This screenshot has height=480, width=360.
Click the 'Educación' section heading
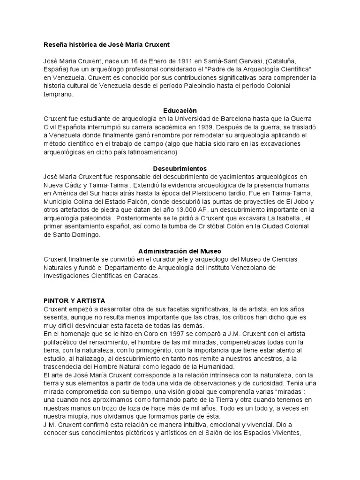pos(180,110)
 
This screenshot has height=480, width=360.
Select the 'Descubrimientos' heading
pos(180,168)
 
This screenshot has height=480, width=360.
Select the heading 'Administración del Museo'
pos(180,251)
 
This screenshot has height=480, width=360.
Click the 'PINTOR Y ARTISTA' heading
pos(74,300)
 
